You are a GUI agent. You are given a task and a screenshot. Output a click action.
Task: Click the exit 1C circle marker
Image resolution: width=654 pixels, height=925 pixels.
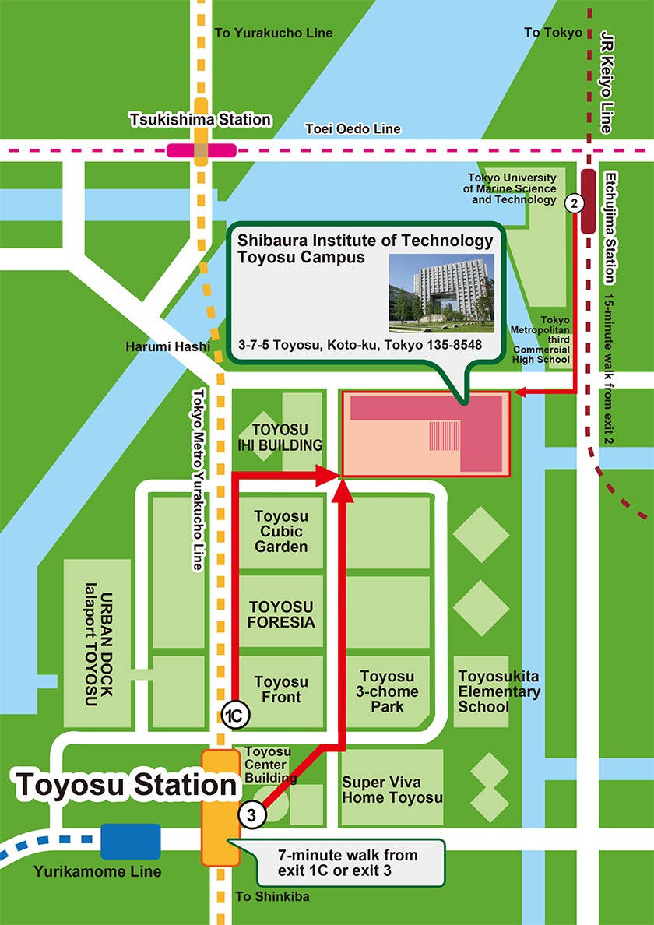[x=234, y=714]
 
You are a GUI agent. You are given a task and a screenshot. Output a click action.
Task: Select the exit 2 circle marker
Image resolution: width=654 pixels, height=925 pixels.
[x=574, y=204]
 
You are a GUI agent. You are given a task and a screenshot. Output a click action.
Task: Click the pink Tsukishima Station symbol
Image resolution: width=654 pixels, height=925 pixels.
[x=201, y=149]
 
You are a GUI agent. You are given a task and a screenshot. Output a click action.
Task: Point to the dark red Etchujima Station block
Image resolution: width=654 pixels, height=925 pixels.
[x=588, y=200]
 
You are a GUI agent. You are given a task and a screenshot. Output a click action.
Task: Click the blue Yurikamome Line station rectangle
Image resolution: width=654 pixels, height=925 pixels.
[x=130, y=841]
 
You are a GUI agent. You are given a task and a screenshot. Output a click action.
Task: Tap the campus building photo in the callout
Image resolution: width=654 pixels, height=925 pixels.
[x=441, y=287]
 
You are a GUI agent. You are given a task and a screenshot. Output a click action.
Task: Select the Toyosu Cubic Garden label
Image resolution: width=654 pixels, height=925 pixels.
[x=281, y=531]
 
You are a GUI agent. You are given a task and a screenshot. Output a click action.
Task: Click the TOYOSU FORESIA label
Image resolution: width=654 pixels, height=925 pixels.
[x=281, y=614]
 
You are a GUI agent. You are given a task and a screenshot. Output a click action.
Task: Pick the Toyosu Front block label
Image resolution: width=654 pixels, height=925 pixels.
[x=281, y=689]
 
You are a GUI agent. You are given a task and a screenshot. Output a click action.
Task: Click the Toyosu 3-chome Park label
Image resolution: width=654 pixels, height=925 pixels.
[x=387, y=691]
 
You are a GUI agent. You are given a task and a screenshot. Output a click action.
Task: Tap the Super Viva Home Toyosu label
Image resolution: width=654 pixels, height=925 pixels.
[x=392, y=789]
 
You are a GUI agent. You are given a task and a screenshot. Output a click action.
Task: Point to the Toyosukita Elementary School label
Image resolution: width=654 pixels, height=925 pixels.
[x=499, y=691]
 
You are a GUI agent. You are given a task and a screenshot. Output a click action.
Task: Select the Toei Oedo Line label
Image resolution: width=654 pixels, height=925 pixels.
[x=353, y=128]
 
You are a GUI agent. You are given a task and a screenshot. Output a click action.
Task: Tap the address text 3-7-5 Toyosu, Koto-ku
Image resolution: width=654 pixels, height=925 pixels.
[x=360, y=345]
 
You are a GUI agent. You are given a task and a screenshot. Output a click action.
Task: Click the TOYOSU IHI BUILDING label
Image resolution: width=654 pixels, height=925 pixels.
[x=280, y=438]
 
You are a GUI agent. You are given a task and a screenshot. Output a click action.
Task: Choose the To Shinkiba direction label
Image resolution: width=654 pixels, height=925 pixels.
[x=272, y=896]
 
